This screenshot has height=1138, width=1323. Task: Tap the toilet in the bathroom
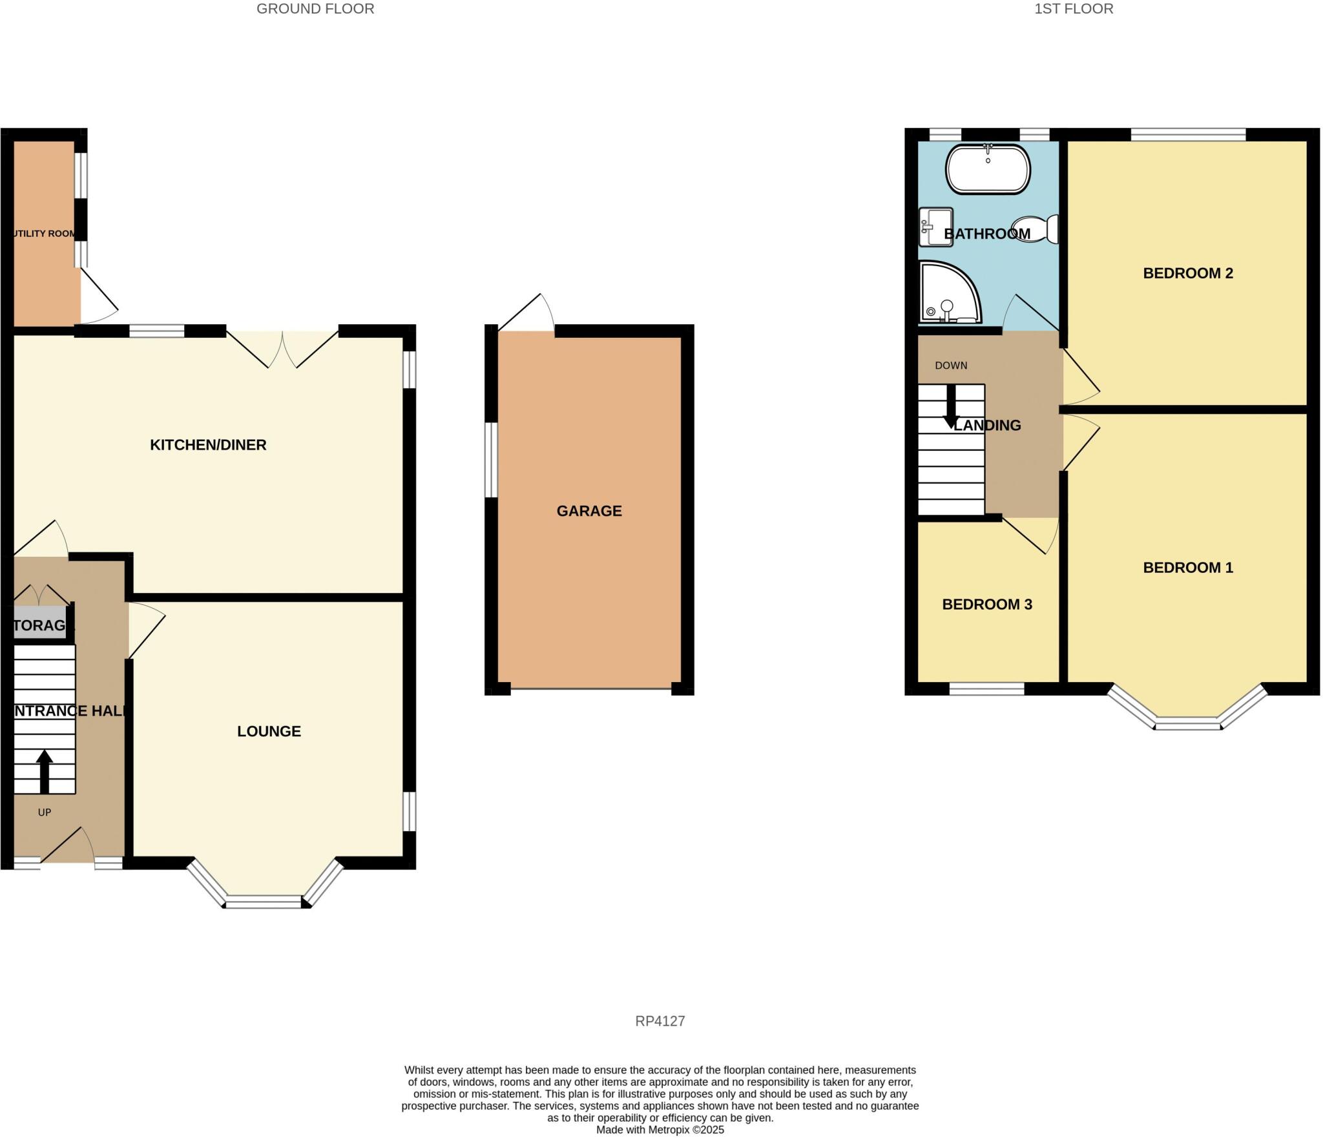[x=1037, y=229]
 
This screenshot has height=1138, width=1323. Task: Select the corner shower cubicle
[x=946, y=294]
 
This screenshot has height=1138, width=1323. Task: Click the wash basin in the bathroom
[x=935, y=227]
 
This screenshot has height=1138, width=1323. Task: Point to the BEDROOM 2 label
[x=1187, y=273]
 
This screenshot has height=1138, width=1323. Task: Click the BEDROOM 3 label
[x=986, y=605]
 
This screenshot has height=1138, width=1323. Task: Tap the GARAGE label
[x=589, y=511]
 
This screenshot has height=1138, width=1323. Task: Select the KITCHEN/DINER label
[x=208, y=445]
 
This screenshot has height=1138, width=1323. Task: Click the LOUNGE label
[x=269, y=731]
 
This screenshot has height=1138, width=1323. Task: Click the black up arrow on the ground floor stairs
[x=44, y=771]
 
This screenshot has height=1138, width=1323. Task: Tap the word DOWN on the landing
[x=951, y=366]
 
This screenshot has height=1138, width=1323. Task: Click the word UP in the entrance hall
[x=44, y=812]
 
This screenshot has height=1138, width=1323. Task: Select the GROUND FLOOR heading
[x=315, y=9]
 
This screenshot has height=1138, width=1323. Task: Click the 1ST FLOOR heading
[x=1074, y=9]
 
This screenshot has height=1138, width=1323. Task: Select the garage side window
[x=492, y=460]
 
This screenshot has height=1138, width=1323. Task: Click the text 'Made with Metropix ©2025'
[x=660, y=1130]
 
